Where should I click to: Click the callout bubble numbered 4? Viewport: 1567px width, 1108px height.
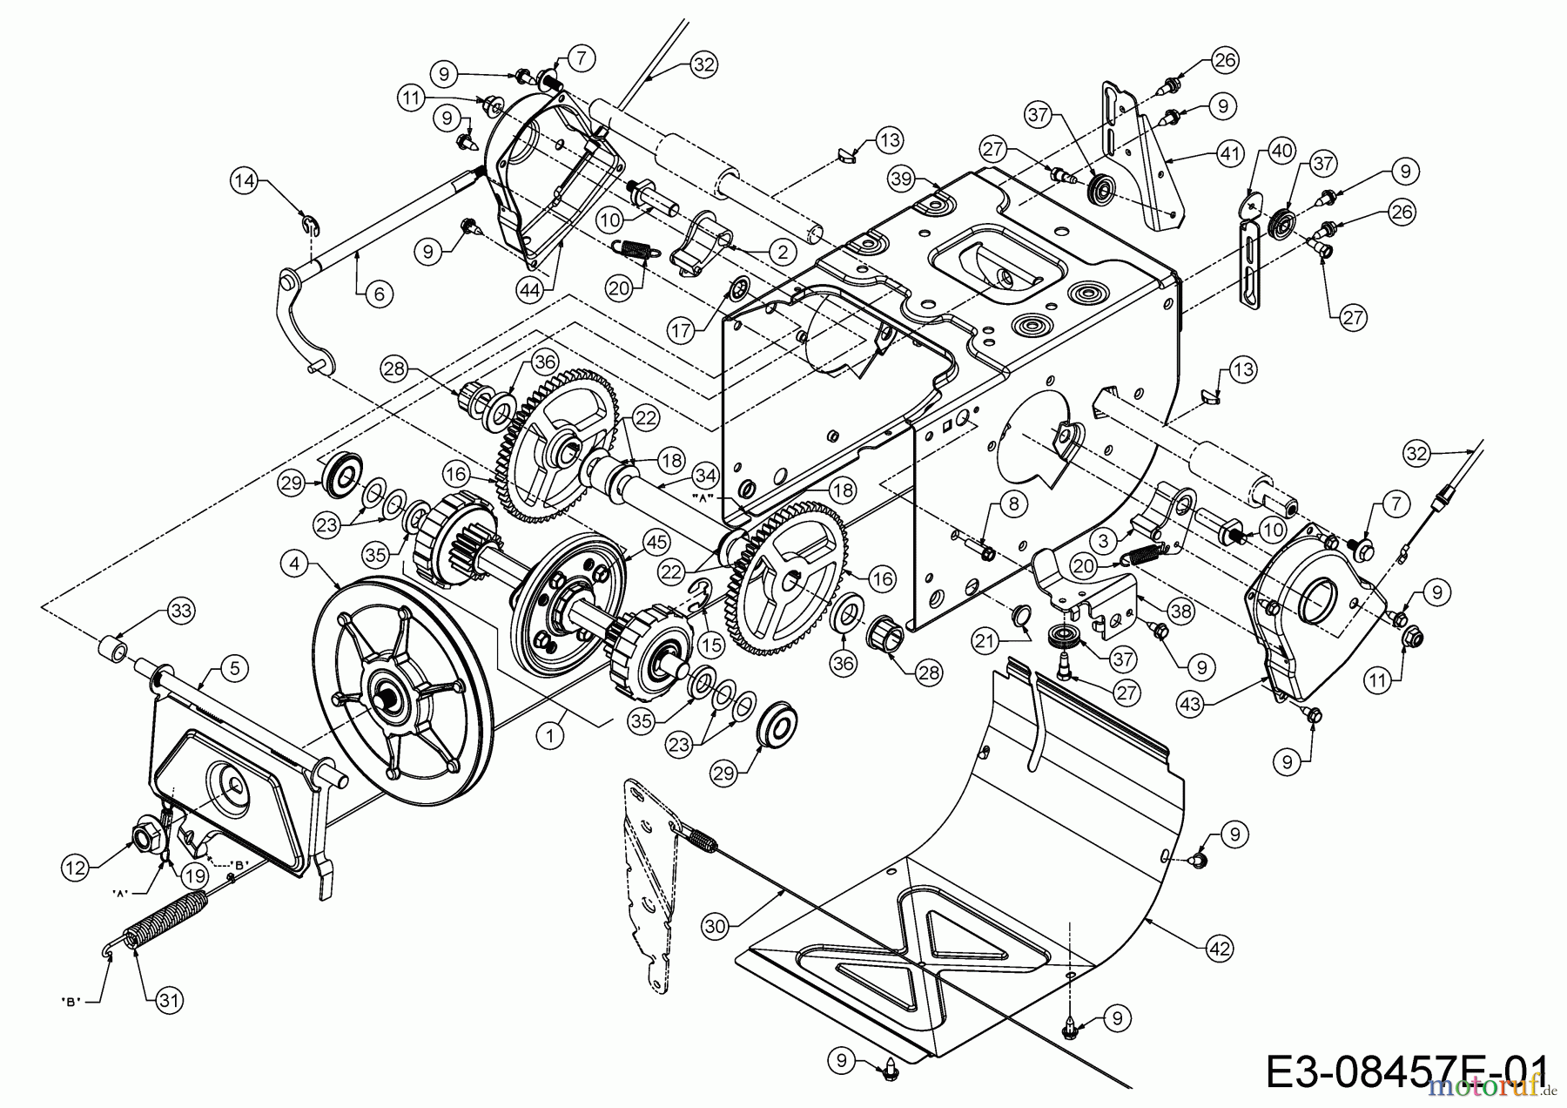click(x=295, y=564)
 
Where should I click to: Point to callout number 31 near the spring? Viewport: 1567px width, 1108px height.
click(x=171, y=1001)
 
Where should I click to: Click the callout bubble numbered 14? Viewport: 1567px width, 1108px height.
click(x=245, y=181)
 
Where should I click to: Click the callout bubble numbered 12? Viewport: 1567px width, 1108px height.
click(x=76, y=867)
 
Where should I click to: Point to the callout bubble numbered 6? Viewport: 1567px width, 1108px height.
click(x=378, y=294)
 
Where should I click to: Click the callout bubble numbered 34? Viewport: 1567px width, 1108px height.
click(x=706, y=476)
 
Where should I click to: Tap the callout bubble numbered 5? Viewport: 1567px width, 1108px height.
click(x=234, y=669)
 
